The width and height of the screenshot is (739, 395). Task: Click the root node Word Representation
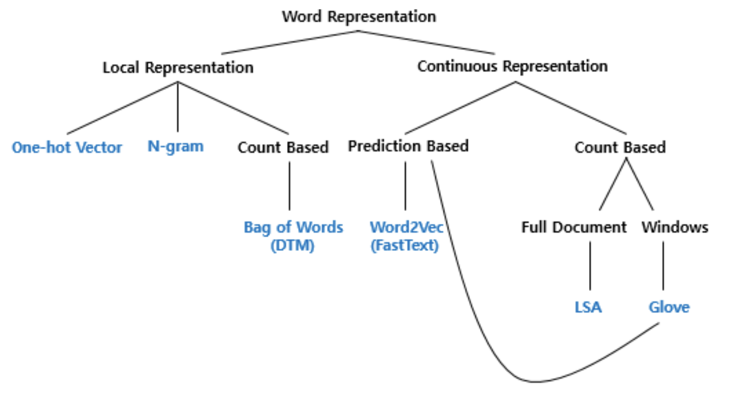[x=359, y=17]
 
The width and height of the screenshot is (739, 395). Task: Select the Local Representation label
[x=178, y=68]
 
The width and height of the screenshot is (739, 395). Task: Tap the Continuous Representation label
[x=512, y=66]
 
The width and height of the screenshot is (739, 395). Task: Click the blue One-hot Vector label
[x=67, y=148]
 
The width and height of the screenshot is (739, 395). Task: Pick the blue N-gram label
[x=175, y=147]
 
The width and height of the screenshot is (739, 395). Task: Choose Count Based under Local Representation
[x=283, y=148]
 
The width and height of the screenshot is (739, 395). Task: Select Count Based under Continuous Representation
[x=620, y=148]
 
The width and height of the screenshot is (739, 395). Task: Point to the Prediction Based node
[x=408, y=146]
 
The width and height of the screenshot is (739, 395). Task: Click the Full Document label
[x=574, y=227]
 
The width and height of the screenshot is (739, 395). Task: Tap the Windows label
[x=675, y=227]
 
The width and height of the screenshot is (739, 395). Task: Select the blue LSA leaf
[x=588, y=307]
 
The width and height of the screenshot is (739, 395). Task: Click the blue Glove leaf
[x=669, y=307]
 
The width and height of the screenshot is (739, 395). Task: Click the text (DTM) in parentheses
[x=293, y=245]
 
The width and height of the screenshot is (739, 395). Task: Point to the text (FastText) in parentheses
[x=404, y=245]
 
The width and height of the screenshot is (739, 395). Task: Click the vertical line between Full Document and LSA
[x=590, y=265]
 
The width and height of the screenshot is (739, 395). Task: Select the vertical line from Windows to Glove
[x=663, y=265]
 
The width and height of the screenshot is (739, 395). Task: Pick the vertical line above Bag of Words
[x=290, y=186]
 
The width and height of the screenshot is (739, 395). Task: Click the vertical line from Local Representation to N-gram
[x=178, y=106]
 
